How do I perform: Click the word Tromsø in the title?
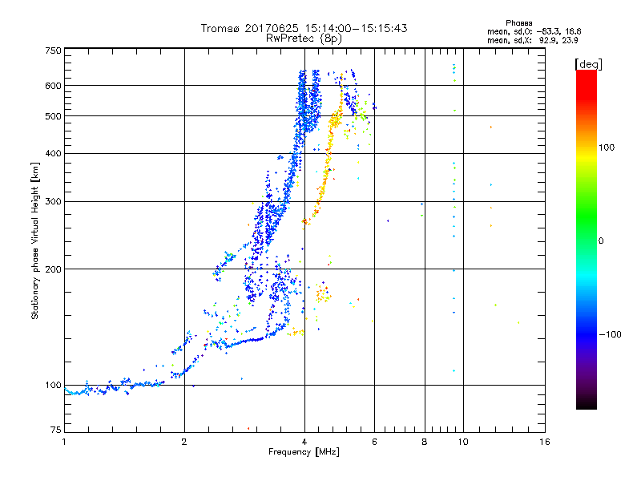click(220, 28)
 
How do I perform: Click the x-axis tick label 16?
click(545, 442)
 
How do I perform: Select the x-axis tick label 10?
click(462, 442)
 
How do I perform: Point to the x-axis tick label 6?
click(374, 442)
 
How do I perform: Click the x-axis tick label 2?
click(184, 442)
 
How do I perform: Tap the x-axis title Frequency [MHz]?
click(304, 453)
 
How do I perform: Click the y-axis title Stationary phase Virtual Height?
click(35, 240)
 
